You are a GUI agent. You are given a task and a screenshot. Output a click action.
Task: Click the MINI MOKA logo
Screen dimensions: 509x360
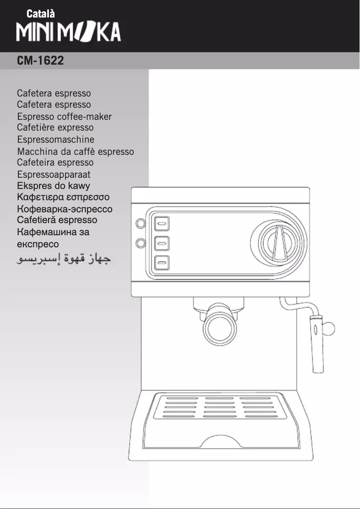click(x=69, y=32)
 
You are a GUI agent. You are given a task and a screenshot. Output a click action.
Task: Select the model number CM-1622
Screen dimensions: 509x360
click(x=40, y=61)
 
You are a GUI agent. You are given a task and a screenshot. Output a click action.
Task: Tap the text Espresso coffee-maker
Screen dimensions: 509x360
click(x=64, y=117)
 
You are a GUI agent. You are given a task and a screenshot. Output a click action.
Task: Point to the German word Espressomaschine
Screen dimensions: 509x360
click(x=56, y=140)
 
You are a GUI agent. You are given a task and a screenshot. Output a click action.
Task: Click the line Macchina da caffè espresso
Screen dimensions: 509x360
click(x=75, y=152)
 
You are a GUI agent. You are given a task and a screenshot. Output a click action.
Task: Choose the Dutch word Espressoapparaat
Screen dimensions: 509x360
click(x=54, y=175)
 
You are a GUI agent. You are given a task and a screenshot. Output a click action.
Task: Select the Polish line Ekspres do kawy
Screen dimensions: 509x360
click(x=53, y=186)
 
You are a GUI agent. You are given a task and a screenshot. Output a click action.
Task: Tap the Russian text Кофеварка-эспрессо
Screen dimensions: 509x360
click(x=65, y=209)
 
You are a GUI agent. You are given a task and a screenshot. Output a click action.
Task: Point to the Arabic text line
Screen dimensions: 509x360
click(x=64, y=259)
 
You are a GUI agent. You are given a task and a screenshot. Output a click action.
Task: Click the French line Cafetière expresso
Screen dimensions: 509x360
click(x=55, y=128)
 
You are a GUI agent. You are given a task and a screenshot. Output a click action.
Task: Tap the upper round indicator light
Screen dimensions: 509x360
click(x=141, y=224)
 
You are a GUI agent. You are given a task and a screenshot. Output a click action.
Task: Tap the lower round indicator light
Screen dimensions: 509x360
click(x=141, y=243)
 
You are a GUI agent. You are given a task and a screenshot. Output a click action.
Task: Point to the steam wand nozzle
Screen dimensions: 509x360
click(x=317, y=343)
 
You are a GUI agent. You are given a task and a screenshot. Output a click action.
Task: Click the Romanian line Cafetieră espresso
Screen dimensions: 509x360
click(x=57, y=220)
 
